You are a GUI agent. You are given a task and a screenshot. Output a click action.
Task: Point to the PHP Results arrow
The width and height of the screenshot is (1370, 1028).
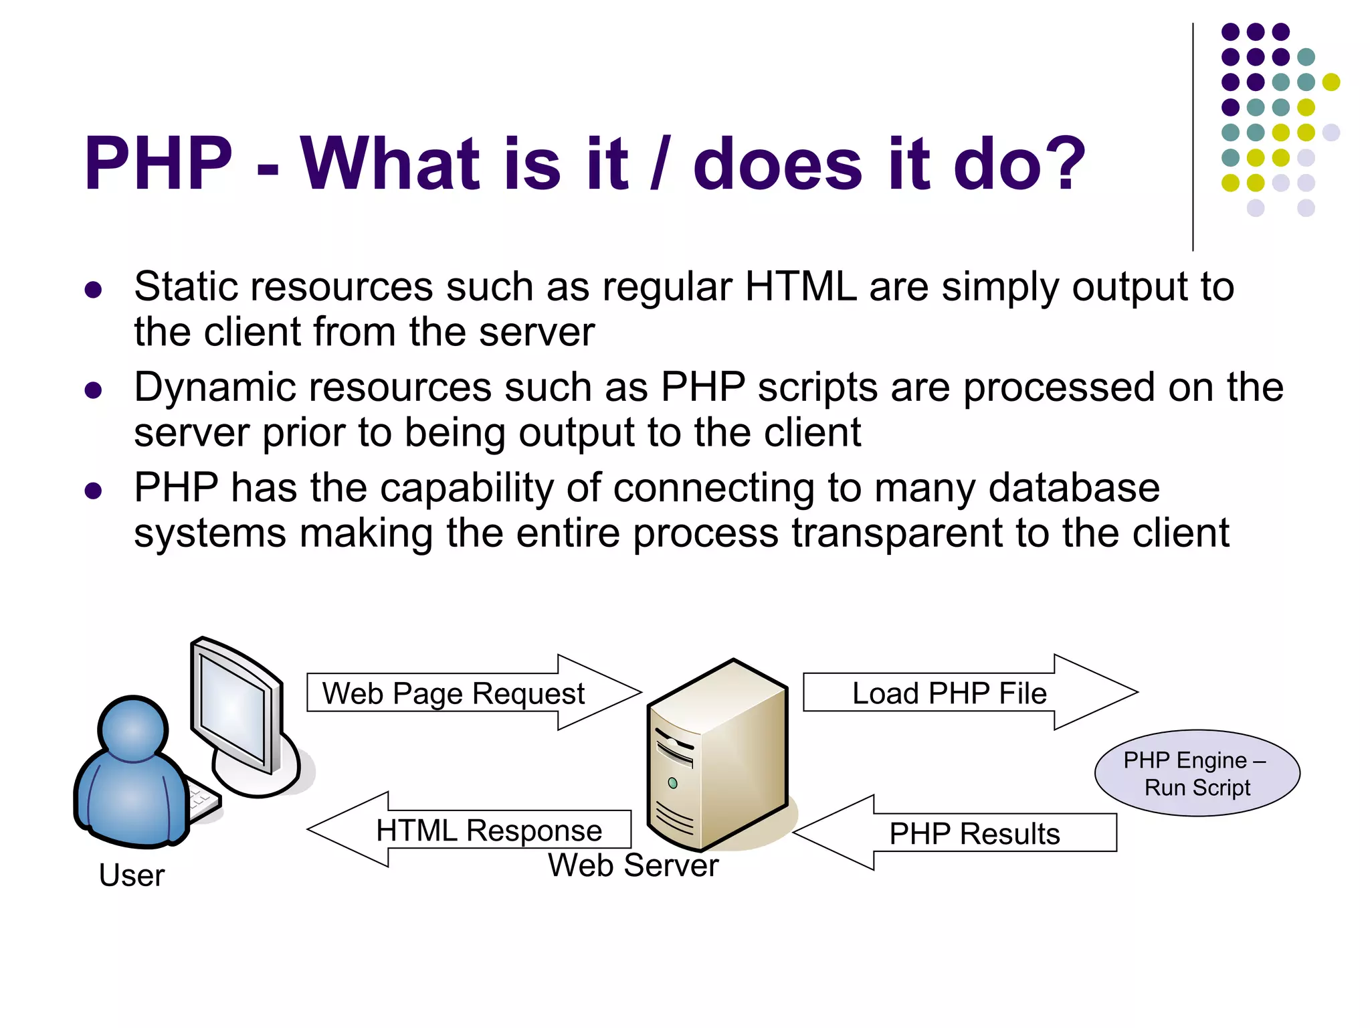(x=963, y=833)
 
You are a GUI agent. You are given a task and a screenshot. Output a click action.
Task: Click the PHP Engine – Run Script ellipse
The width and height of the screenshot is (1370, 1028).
(x=1197, y=773)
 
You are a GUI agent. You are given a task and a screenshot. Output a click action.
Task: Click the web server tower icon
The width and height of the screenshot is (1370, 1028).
(x=719, y=756)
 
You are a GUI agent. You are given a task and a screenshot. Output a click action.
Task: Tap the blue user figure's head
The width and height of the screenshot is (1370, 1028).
(x=133, y=730)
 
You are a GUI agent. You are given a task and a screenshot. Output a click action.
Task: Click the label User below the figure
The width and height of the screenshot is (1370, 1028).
(x=131, y=875)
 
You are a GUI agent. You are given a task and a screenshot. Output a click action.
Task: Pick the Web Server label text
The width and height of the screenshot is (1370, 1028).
(x=633, y=865)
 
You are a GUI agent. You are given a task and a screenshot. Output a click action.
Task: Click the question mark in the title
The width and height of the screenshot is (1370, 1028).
(x=1061, y=163)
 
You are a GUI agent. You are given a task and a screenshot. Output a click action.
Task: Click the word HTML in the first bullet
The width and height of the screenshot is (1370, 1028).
(x=800, y=286)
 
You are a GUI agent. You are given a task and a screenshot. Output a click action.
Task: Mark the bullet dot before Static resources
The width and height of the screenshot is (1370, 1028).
(x=93, y=289)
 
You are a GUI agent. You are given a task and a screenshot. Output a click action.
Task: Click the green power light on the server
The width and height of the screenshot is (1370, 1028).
(x=673, y=783)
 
